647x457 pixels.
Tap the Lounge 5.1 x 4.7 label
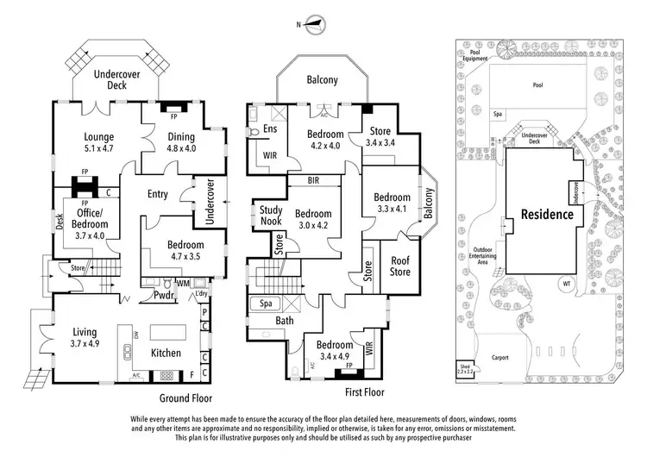pos(99,142)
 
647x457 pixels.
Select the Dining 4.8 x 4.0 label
pos(181,141)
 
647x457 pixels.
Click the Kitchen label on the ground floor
pos(166,353)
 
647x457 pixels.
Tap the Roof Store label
pos(400,266)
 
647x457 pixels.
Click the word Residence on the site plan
pos(546,215)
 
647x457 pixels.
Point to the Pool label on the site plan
pos(537,85)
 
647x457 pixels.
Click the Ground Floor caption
pos(185,398)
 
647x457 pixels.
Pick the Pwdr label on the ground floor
pos(165,296)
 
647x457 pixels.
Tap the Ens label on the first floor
pos(269,128)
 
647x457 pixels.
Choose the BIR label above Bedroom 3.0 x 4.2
pos(314,182)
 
